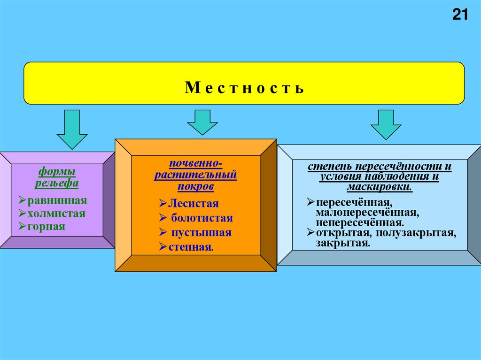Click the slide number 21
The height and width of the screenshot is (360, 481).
[460, 15]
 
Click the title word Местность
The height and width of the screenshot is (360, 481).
[244, 88]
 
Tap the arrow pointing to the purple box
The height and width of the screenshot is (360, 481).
[72, 129]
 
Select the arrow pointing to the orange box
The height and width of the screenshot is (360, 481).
[202, 123]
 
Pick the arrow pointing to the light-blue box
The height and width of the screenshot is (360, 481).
[386, 124]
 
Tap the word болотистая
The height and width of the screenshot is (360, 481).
[202, 218]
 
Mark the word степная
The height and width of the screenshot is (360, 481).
[191, 247]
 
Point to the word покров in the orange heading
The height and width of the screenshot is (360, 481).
[195, 186]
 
